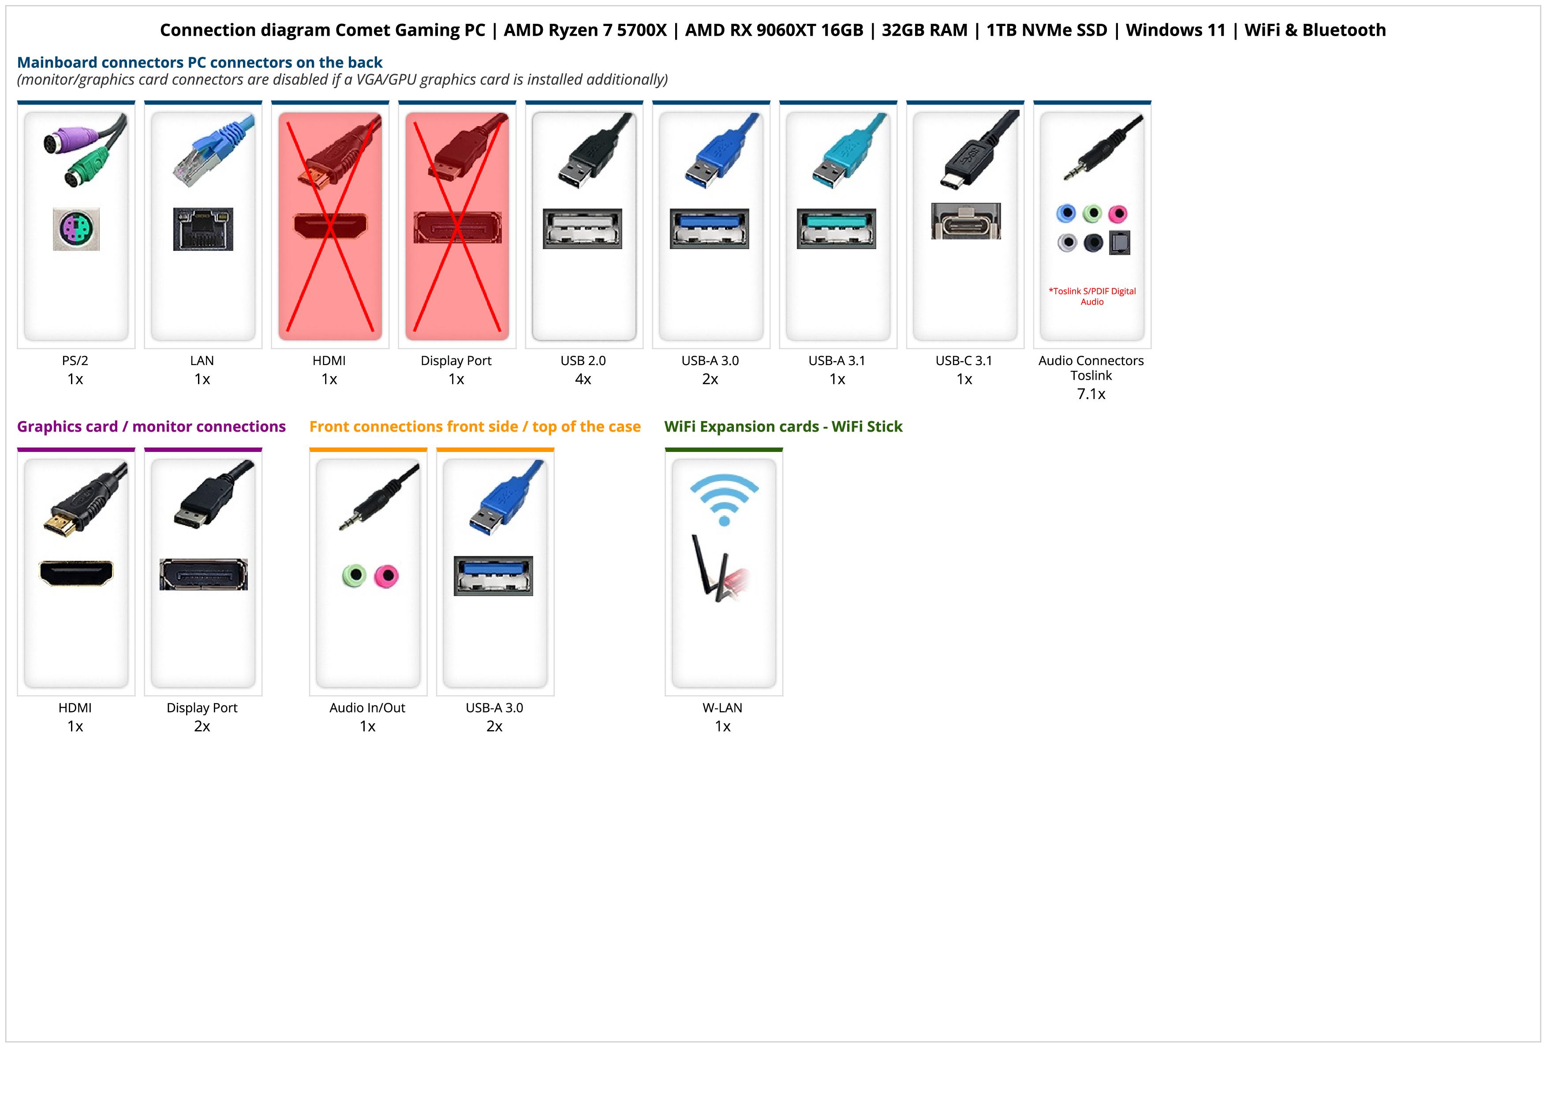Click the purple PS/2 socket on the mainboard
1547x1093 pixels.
point(76,230)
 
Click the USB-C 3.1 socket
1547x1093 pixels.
point(965,221)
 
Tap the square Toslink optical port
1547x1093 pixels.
point(1119,242)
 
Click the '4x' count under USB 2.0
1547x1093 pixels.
point(583,379)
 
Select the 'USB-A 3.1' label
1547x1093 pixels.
point(837,360)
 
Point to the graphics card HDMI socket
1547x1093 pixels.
point(76,573)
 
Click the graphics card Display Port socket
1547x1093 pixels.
point(203,574)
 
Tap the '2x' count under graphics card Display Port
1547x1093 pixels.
point(202,726)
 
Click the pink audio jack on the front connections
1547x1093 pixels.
point(387,576)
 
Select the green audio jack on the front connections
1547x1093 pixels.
point(354,576)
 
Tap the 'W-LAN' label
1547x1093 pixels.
point(722,708)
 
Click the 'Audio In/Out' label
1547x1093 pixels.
point(367,708)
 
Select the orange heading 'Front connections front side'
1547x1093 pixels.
point(475,426)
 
